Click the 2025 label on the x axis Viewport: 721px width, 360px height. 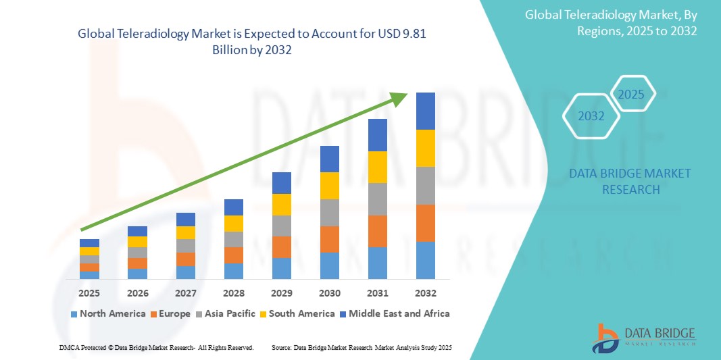(89, 293)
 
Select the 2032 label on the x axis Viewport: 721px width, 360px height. (426, 293)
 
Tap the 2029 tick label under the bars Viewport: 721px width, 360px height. (281, 293)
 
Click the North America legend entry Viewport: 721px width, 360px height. (107, 313)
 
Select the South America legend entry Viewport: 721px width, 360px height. (297, 313)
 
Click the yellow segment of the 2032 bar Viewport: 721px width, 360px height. (426, 148)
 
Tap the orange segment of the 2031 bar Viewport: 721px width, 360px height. (378, 231)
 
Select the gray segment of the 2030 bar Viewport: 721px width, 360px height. (329, 212)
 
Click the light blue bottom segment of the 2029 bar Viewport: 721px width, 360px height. (281, 268)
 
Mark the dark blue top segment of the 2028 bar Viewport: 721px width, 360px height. (233, 207)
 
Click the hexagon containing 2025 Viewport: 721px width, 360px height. (632, 94)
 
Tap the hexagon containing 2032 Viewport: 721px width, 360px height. (591, 116)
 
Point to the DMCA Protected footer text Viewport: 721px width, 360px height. (156, 347)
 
